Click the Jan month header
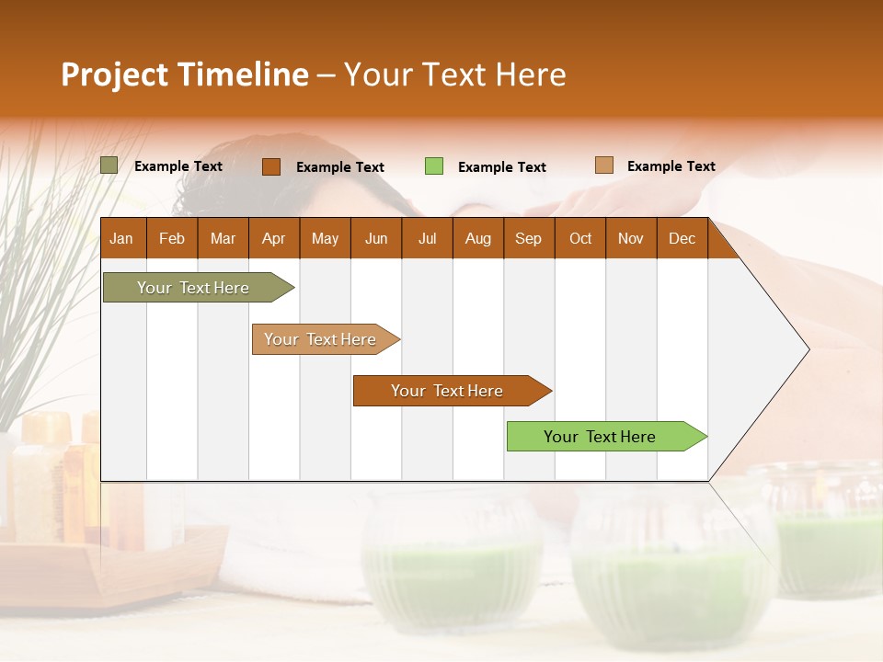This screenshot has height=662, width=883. (121, 238)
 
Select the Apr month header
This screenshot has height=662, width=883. (274, 238)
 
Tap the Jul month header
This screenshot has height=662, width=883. (427, 238)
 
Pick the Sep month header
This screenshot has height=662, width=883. (528, 238)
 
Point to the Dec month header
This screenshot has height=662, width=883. (682, 238)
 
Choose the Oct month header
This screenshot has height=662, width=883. (580, 238)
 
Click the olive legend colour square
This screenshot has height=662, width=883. (109, 165)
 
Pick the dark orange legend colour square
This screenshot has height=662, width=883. (270, 166)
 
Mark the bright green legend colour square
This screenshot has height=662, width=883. (434, 166)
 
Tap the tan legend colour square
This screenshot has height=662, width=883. (603, 165)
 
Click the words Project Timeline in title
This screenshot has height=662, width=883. (185, 74)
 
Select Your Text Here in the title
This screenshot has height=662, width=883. (454, 74)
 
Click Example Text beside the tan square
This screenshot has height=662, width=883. (671, 166)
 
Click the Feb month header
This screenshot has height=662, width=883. (172, 238)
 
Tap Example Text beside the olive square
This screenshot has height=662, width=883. (178, 166)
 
